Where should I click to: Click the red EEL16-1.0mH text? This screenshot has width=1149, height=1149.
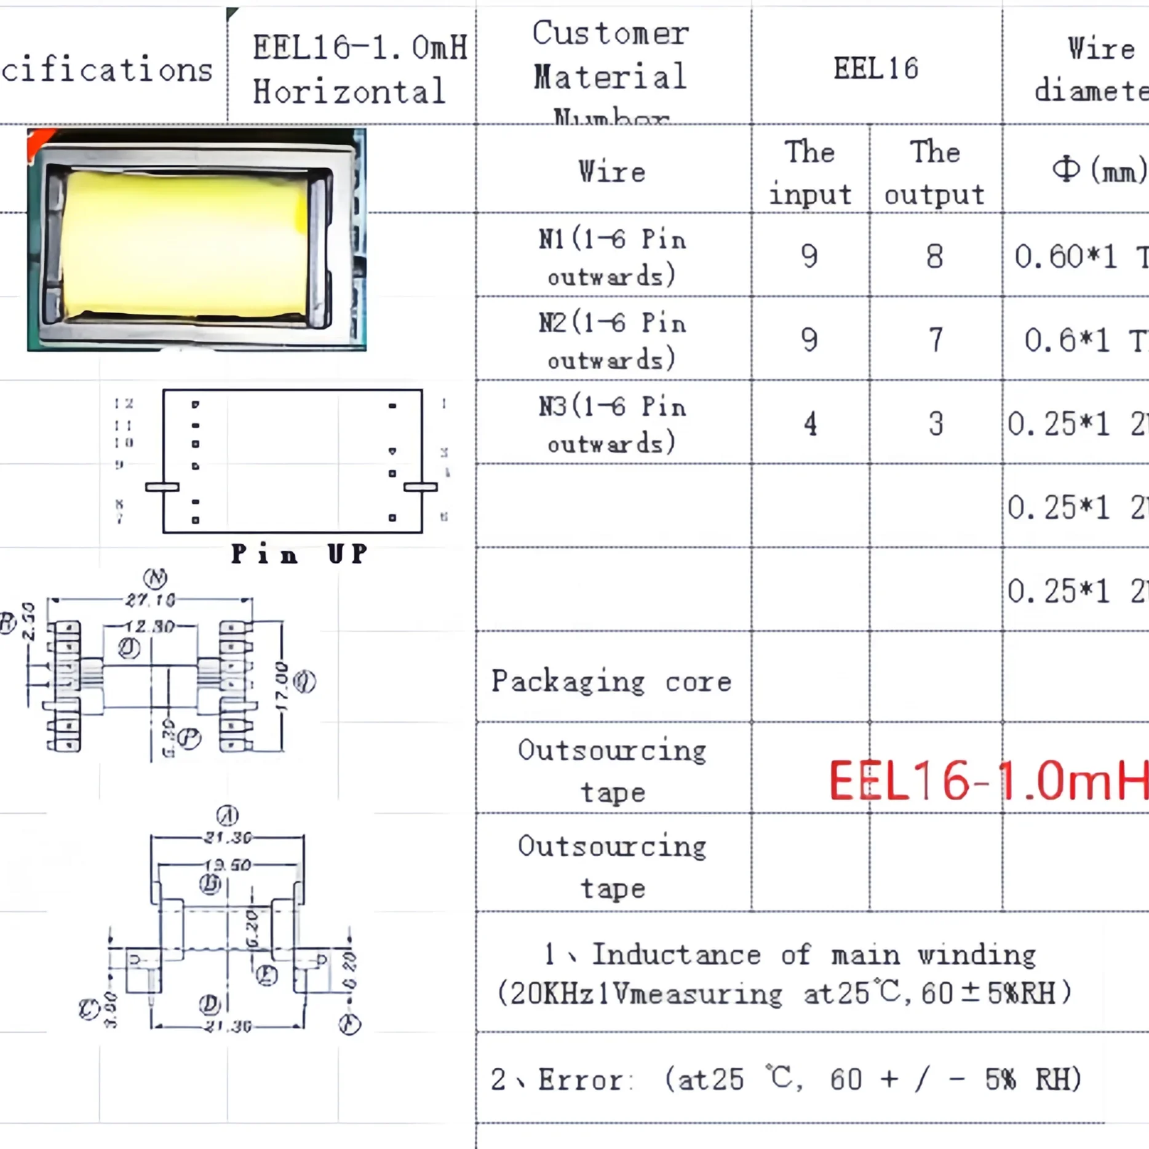coord(987,781)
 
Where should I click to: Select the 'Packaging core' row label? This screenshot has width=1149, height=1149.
coord(611,682)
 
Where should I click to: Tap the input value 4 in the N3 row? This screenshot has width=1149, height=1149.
coord(810,424)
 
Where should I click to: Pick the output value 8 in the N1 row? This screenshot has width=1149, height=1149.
coord(934,256)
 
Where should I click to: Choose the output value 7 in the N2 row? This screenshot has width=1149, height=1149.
coord(935,340)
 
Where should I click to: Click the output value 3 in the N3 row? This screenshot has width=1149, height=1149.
coord(936,424)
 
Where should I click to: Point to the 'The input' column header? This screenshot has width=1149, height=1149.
coord(810,172)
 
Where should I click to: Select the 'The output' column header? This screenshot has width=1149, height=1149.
coord(935,172)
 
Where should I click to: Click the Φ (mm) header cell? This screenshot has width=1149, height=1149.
coord(1098,170)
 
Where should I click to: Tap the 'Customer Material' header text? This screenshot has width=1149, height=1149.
coord(610,55)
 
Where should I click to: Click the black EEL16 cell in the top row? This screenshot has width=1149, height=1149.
coord(876,68)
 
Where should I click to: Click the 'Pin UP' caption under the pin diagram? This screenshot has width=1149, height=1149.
coord(299,554)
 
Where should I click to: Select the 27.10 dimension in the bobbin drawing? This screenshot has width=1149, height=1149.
coord(150,600)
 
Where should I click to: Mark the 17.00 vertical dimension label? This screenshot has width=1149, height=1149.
coord(281,686)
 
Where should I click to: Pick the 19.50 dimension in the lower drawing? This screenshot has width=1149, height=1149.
coord(228,865)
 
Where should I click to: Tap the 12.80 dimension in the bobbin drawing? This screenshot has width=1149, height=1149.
coord(150,627)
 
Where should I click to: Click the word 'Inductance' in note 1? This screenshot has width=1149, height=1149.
coord(676,954)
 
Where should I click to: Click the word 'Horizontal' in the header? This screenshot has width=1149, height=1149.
coord(349,92)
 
